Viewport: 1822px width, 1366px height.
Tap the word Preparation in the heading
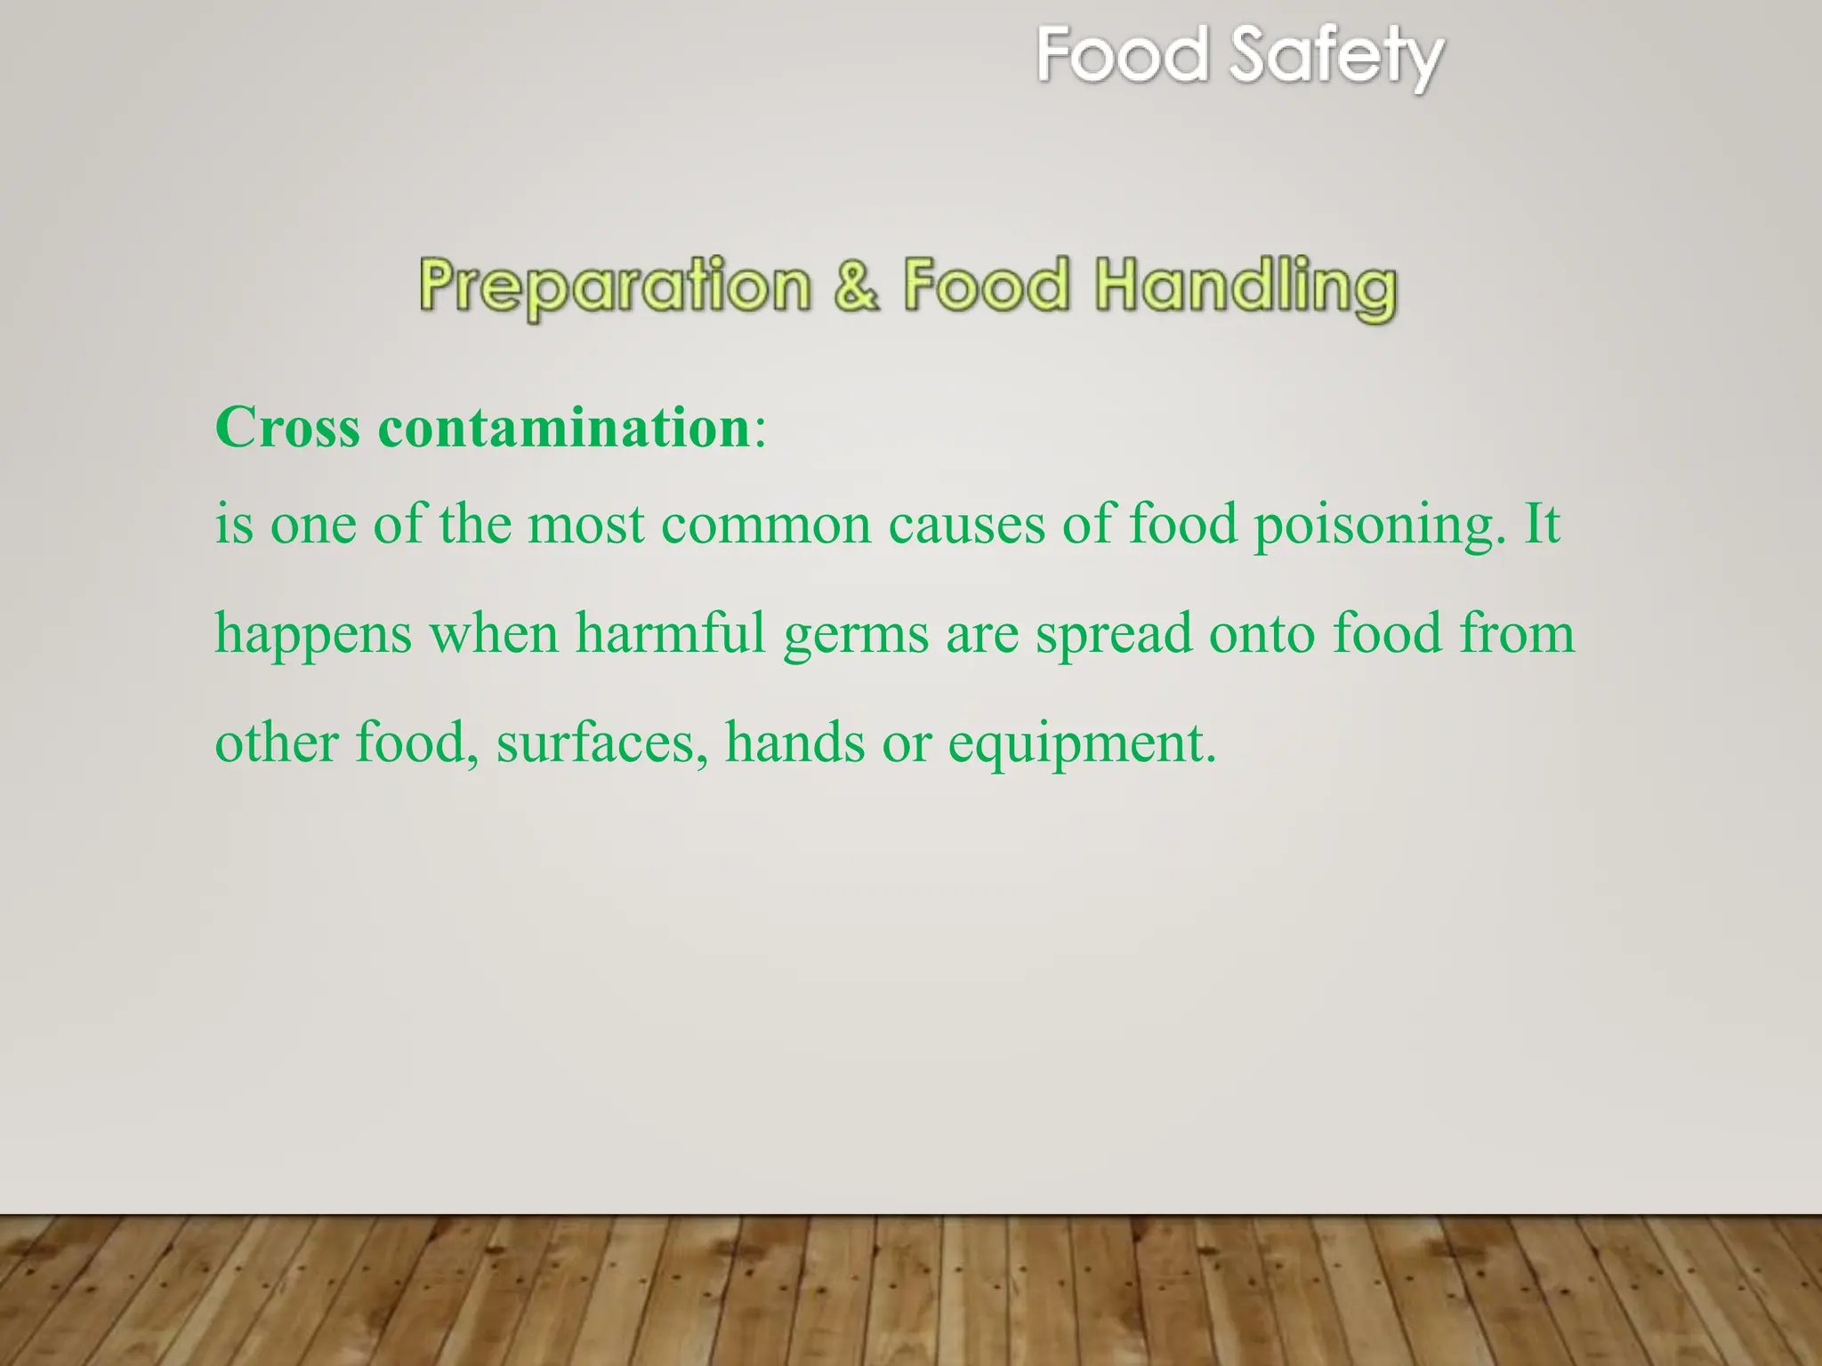[615, 285]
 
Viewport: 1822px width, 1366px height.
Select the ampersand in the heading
[857, 285]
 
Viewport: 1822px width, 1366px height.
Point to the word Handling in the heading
[1246, 285]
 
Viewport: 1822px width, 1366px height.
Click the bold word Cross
[288, 428]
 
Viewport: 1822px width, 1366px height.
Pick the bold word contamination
[564, 428]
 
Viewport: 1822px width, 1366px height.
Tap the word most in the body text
[585, 524]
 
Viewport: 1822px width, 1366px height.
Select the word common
[766, 526]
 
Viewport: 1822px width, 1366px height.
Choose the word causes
[967, 526]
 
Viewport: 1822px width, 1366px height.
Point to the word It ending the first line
[1542, 524]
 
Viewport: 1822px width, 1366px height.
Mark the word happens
[314, 635]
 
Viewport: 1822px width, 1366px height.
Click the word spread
[1114, 635]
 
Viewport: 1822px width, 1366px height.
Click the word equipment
[1081, 744]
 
